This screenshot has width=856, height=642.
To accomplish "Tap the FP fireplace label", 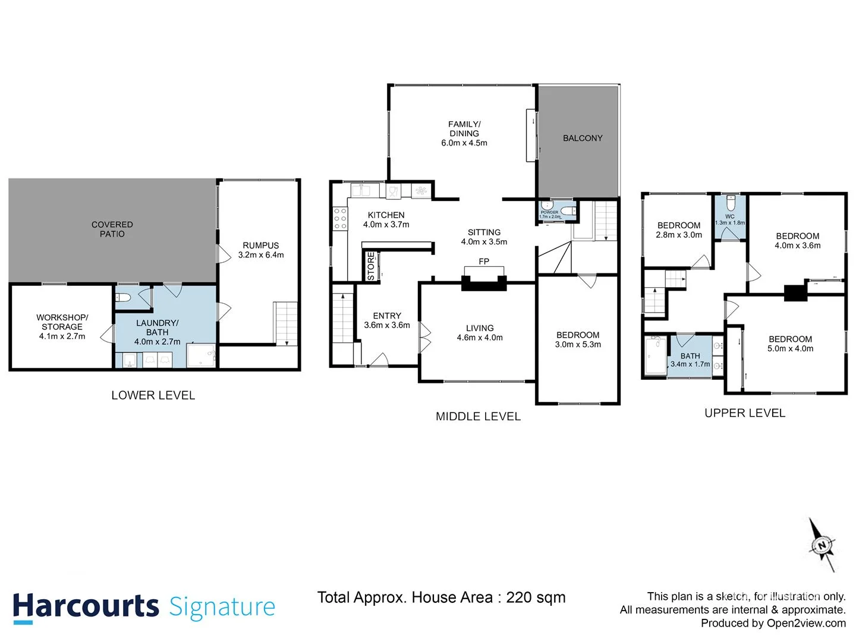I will point(484,262).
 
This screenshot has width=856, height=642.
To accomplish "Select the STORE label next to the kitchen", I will point(372,266).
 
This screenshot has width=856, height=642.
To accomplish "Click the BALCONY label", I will point(583,138).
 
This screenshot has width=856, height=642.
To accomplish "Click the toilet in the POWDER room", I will point(568,210).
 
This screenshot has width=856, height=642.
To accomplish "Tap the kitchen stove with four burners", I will point(340,218).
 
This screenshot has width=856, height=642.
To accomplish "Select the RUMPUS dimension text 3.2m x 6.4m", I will point(261,255).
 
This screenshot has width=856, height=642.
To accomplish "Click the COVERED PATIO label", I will point(112,229).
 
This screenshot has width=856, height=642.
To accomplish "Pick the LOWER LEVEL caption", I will point(153,395).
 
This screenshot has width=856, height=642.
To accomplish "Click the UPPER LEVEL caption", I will point(745,413).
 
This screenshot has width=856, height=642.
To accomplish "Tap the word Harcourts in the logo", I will point(86,607).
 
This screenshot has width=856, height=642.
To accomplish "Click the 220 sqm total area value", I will point(536,597).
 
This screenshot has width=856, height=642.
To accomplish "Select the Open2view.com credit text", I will point(806,623).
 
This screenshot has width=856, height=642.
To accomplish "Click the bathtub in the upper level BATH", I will point(656,356).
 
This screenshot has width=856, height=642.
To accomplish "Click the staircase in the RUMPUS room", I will point(285,323).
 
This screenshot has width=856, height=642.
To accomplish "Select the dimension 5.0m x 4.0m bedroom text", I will point(790,349).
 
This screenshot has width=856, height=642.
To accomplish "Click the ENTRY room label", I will point(387,316).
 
